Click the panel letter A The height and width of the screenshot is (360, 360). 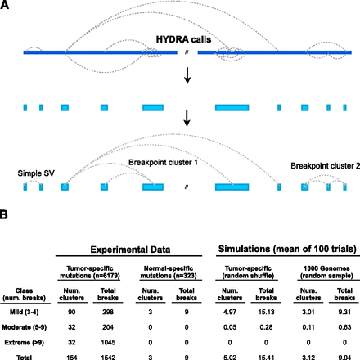tap(6, 7)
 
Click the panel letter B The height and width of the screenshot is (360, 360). tap(6, 218)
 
